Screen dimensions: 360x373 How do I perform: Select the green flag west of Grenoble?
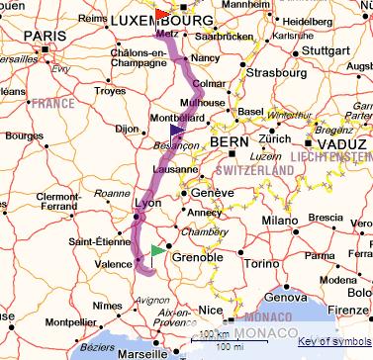point(158,251)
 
